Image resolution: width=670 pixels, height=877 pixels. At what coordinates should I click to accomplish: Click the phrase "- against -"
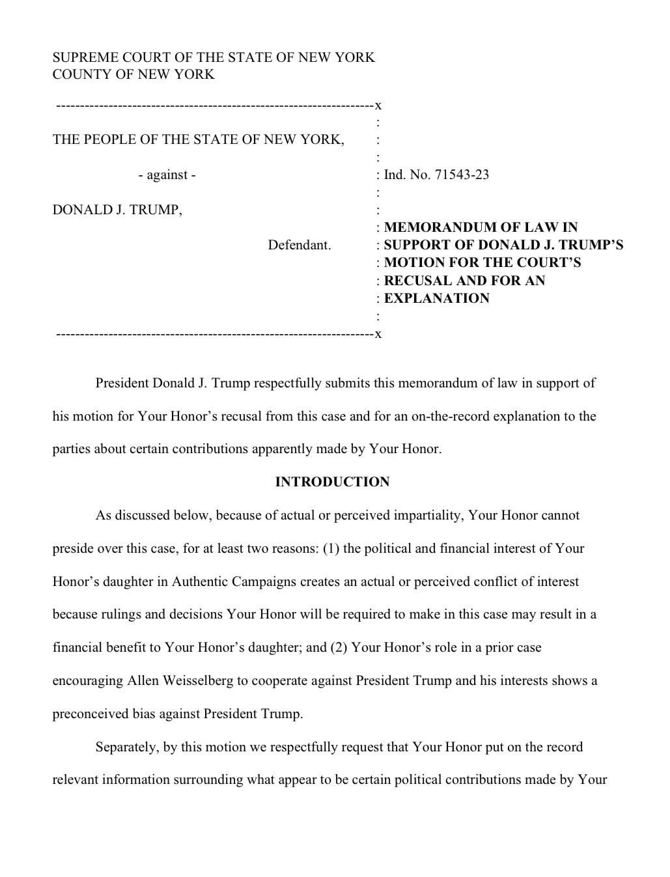click(x=167, y=175)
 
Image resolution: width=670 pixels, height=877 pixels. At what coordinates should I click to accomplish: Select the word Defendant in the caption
click(x=300, y=245)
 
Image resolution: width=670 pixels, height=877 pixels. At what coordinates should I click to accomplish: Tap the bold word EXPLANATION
click(x=436, y=298)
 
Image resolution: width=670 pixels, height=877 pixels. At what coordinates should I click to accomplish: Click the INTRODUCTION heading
click(x=332, y=482)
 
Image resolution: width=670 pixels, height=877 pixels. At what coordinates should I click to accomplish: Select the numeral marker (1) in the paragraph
click(x=331, y=548)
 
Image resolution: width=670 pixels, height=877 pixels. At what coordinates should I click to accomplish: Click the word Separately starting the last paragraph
click(x=126, y=747)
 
